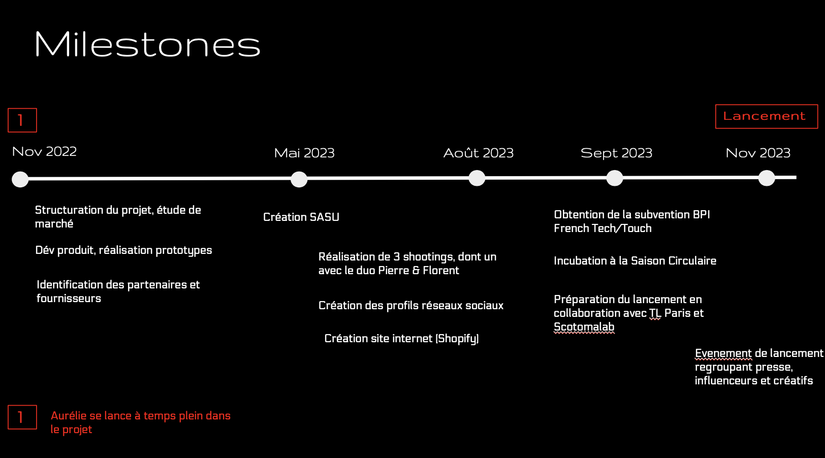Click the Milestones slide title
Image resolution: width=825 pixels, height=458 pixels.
tap(147, 44)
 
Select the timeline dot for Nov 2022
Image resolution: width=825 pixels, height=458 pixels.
tap(20, 179)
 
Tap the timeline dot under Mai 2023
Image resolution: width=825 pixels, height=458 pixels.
tap(299, 179)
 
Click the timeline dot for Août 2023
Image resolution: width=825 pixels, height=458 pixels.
tap(477, 178)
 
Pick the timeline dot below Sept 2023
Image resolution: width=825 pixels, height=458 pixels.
tap(615, 178)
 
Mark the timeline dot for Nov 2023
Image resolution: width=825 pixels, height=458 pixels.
tap(767, 178)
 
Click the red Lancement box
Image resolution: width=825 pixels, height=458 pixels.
tap(767, 116)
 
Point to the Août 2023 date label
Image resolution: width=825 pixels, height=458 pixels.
tap(479, 153)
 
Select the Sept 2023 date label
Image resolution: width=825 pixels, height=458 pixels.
tap(616, 153)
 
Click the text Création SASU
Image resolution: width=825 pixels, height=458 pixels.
tap(301, 217)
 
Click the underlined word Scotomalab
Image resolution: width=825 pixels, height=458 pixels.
tap(584, 327)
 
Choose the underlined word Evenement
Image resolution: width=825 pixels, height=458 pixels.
tap(723, 353)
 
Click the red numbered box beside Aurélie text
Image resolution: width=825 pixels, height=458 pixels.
tap(22, 417)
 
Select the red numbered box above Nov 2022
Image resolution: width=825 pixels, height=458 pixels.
tap(22, 120)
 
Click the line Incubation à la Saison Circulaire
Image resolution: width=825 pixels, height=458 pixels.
tap(635, 261)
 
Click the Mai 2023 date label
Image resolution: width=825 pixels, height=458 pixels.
tap(304, 153)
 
